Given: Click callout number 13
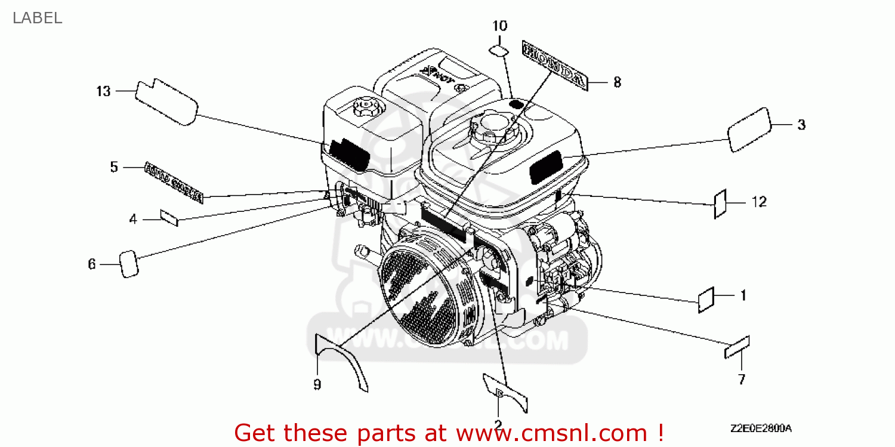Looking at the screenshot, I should click(x=103, y=91).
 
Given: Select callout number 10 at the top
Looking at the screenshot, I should click(x=500, y=26).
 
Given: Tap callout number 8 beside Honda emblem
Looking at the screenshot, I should click(x=617, y=82).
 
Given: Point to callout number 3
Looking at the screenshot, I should click(x=801, y=125).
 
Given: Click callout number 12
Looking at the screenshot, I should click(x=758, y=202).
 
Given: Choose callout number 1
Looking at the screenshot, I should click(x=743, y=295).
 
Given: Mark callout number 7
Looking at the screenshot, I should click(x=742, y=379).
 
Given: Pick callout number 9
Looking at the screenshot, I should click(x=317, y=384).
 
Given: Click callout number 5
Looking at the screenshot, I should click(x=114, y=167).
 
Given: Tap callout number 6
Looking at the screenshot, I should click(x=92, y=264).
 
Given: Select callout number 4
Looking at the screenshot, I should click(x=133, y=220).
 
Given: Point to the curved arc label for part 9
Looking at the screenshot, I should click(x=340, y=364).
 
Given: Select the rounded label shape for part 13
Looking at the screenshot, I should click(x=166, y=103).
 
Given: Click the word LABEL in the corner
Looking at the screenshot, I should click(x=37, y=18).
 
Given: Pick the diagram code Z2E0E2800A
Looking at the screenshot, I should click(x=760, y=428).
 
